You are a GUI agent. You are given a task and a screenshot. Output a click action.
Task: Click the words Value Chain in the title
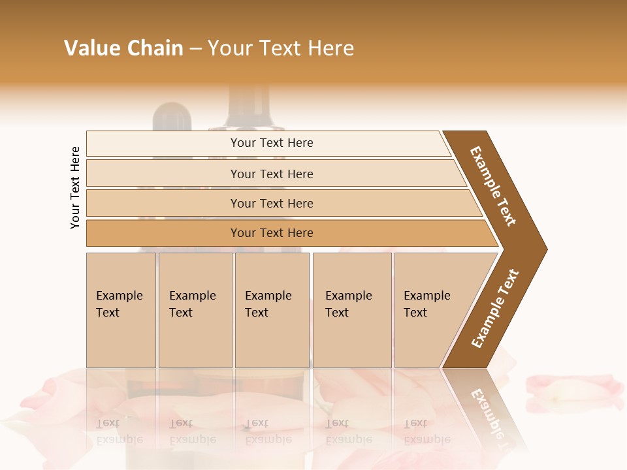click(x=123, y=48)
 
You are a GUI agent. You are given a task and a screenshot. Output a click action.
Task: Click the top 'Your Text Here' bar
click(x=272, y=143)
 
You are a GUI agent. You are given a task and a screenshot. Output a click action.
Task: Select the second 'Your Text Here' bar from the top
click(x=272, y=174)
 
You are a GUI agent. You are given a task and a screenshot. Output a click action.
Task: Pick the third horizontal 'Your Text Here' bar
click(x=272, y=203)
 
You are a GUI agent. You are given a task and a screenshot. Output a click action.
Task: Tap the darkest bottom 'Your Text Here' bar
click(x=272, y=233)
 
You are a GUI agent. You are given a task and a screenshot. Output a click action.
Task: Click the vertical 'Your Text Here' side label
click(x=75, y=187)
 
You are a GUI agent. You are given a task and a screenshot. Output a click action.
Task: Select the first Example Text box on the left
click(x=121, y=310)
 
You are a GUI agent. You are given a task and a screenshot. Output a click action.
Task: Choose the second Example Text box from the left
click(x=195, y=310)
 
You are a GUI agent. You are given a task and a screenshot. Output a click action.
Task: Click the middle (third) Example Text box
click(x=272, y=310)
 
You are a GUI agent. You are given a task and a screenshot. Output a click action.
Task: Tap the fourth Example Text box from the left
click(x=351, y=310)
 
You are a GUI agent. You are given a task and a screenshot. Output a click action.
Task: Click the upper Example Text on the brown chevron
click(x=494, y=186)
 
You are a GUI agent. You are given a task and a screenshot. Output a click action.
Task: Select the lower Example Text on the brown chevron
click(x=495, y=309)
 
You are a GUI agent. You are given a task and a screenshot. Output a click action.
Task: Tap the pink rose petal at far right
click(x=575, y=390)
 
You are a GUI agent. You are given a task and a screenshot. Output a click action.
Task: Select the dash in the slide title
click(x=195, y=48)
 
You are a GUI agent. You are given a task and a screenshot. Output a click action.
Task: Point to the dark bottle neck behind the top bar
click(x=248, y=108)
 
